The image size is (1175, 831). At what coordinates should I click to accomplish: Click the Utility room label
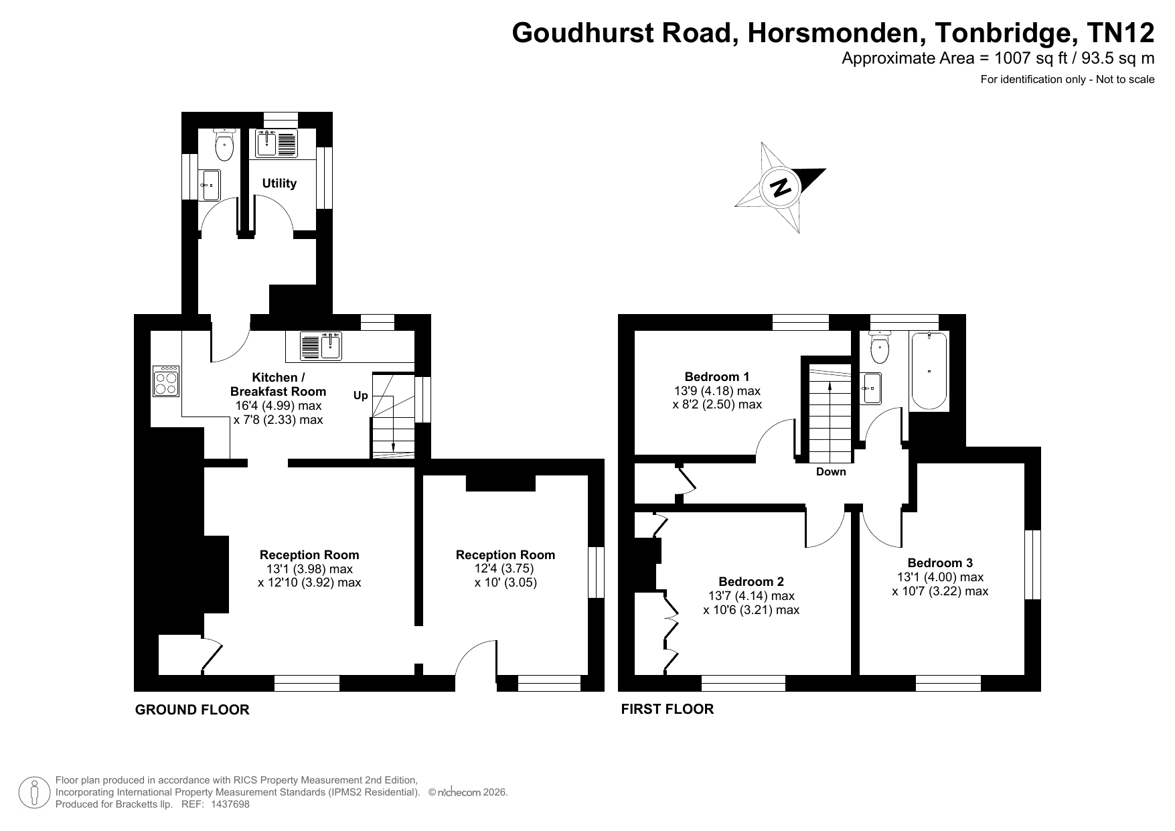pyautogui.click(x=279, y=183)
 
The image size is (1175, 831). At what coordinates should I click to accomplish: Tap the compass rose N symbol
pyautogui.click(x=780, y=187)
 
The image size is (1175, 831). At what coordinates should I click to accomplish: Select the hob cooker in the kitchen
pyautogui.click(x=166, y=380)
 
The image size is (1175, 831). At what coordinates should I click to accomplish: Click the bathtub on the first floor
pyautogui.click(x=929, y=371)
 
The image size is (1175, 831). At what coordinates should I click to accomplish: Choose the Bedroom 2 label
pyautogui.click(x=751, y=582)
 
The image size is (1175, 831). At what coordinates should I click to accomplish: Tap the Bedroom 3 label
pyautogui.click(x=940, y=563)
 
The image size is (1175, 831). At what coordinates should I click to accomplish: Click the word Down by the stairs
pyautogui.click(x=831, y=472)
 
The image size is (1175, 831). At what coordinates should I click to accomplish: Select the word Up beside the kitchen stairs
pyautogui.click(x=361, y=396)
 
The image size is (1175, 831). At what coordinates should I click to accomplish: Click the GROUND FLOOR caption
pyautogui.click(x=192, y=710)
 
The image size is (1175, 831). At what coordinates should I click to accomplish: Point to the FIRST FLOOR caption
pyautogui.click(x=668, y=708)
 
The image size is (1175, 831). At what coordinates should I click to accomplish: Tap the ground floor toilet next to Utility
pyautogui.click(x=224, y=145)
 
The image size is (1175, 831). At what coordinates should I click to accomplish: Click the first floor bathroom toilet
pyautogui.click(x=878, y=346)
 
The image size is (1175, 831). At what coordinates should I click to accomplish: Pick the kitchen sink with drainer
pyautogui.click(x=321, y=346)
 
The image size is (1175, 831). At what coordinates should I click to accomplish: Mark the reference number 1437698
pyautogui.click(x=229, y=804)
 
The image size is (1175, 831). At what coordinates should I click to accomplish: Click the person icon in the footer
pyautogui.click(x=34, y=793)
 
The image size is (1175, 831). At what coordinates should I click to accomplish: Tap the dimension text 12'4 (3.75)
pyautogui.click(x=505, y=569)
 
